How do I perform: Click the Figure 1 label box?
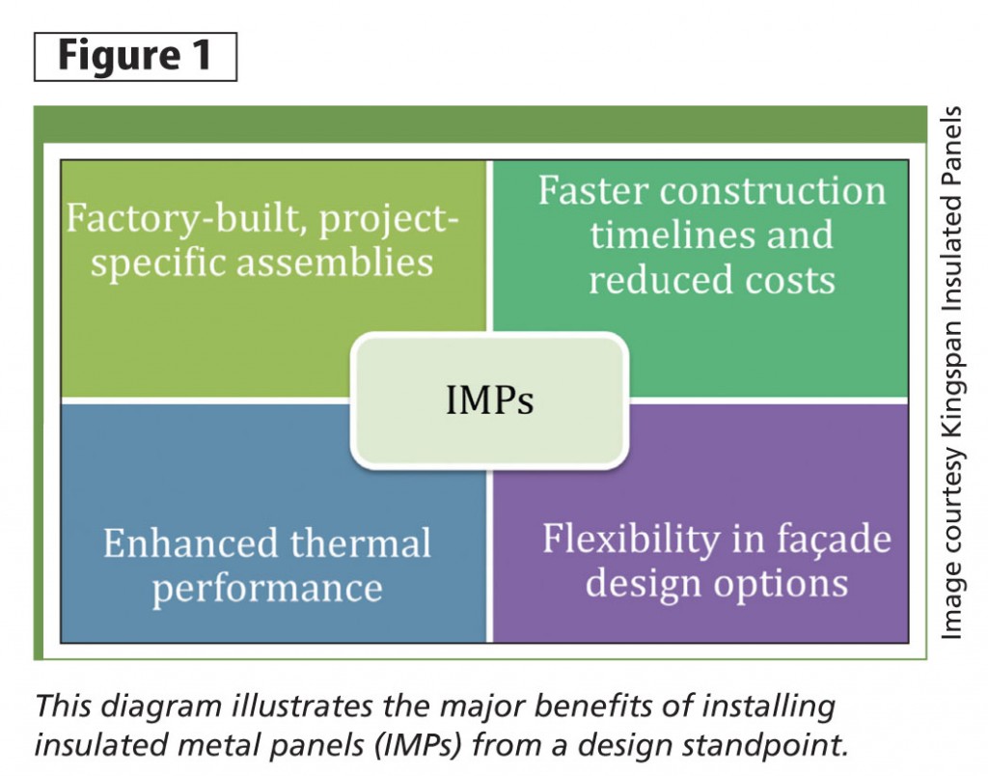point(134,56)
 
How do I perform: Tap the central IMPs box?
point(489,400)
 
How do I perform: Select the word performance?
point(267,588)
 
